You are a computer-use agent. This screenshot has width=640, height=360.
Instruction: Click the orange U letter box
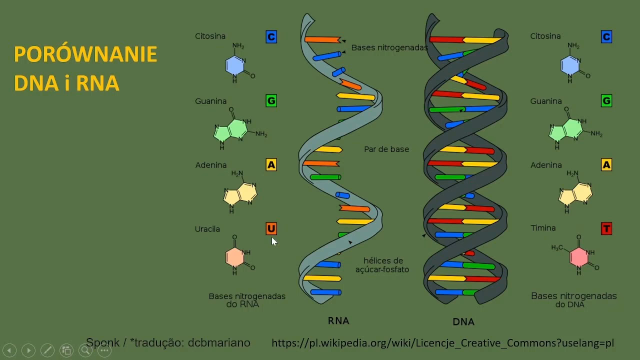click(271, 228)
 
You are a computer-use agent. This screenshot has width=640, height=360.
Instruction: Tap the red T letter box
click(606, 228)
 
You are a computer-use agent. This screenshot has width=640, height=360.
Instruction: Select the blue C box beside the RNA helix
click(271, 36)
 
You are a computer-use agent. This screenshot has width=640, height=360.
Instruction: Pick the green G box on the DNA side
click(606, 101)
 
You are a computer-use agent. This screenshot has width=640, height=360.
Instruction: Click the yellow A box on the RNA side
click(271, 164)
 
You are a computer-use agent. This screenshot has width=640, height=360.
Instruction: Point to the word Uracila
click(207, 229)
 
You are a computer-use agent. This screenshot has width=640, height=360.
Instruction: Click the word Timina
click(543, 228)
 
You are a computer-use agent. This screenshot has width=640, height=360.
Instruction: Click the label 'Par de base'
click(386, 149)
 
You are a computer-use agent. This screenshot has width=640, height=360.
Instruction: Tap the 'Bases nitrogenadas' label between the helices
click(389, 47)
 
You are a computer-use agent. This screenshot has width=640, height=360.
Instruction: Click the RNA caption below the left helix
click(338, 320)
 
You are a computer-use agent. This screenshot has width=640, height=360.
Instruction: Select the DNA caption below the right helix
click(463, 321)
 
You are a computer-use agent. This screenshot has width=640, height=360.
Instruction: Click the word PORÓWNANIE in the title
click(85, 54)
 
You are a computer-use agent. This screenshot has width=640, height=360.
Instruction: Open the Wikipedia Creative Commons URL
click(442, 343)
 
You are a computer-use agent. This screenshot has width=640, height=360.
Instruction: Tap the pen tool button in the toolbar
click(47, 350)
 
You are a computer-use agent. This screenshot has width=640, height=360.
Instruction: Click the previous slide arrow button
click(9, 350)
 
